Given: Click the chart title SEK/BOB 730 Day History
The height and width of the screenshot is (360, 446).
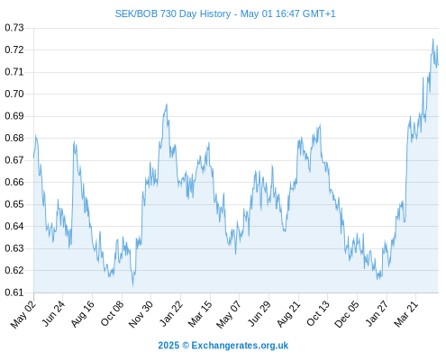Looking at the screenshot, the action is click(x=173, y=13).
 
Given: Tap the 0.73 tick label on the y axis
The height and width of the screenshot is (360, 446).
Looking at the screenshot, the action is click(x=14, y=28).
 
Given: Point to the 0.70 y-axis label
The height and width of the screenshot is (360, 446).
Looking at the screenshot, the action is click(x=14, y=94).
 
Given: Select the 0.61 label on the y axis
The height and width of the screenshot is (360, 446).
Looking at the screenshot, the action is click(x=14, y=292).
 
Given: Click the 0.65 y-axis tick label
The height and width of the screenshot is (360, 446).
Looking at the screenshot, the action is click(x=14, y=204).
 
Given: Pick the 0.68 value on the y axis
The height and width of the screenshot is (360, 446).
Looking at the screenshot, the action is click(x=14, y=138).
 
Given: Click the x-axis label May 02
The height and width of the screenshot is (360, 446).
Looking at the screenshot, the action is click(x=23, y=314).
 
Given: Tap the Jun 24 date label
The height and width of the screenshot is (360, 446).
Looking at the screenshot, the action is click(x=53, y=313).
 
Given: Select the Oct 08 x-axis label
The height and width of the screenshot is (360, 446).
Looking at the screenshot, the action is click(x=112, y=313).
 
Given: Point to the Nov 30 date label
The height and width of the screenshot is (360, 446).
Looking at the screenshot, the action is click(x=141, y=314).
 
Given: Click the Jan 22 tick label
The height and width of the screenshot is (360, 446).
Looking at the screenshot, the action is click(x=171, y=313).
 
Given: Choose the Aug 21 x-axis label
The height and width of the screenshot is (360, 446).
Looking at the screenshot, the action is click(x=288, y=313).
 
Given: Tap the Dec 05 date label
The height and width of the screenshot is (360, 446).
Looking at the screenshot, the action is click(x=347, y=314).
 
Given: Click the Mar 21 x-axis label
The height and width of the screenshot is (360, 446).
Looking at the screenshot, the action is click(x=406, y=313).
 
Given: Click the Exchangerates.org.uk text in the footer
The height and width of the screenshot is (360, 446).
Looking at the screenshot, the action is click(x=240, y=346).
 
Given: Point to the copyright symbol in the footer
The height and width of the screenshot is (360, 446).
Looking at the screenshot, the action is click(x=186, y=346).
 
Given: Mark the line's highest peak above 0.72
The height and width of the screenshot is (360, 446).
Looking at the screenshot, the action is click(x=432, y=39).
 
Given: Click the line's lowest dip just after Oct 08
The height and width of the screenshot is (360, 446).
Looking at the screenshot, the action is click(x=132, y=286).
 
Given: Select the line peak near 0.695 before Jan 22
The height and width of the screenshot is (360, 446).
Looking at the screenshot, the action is click(x=167, y=104).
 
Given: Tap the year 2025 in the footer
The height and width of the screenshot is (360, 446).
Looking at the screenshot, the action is click(x=168, y=346).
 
